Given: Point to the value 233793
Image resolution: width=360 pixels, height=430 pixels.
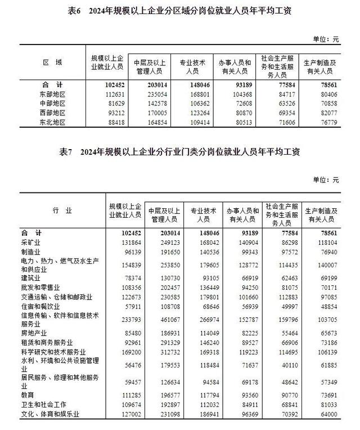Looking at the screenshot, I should (x=125, y=319).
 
